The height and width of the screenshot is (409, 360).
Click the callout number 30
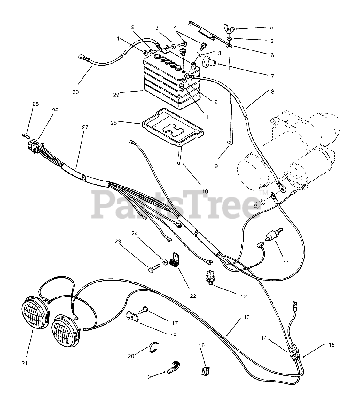pos(75,92)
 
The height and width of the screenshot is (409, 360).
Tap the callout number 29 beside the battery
pos(116,95)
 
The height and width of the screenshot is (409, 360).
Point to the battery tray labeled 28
pos(173,127)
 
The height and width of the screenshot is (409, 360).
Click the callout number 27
pos(85,127)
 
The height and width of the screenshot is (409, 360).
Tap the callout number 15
pos(332,345)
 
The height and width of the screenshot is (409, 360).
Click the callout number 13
pos(247,317)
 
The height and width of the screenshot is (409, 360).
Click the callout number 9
pos(216,166)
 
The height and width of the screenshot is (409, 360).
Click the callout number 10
pos(205,191)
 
